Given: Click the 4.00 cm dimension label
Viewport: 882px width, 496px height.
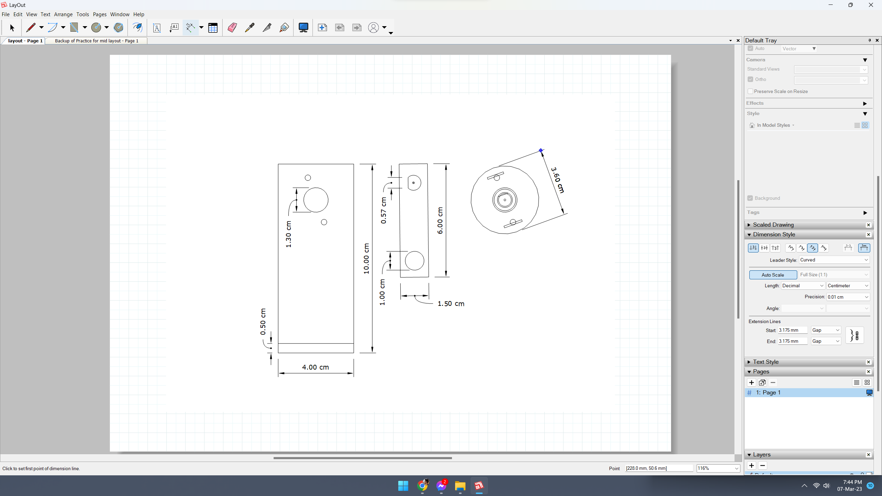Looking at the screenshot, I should coord(315,367).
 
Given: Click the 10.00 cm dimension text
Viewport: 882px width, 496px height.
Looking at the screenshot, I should coord(366,259).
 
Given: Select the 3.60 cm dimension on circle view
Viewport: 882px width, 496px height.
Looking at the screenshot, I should coord(557,180).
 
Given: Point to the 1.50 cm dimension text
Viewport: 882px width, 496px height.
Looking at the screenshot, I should coord(451,304).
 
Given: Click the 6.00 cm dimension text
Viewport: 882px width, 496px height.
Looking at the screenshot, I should coord(440,221).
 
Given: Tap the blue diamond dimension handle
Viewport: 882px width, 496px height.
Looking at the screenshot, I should coord(541,150).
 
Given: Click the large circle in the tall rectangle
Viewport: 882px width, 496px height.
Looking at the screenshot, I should coord(316,200).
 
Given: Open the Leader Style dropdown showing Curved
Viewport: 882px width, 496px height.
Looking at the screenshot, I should coord(834,260).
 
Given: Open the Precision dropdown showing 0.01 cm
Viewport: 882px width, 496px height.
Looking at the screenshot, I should coord(848,297).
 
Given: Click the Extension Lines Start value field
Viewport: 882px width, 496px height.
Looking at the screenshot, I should coord(792,330).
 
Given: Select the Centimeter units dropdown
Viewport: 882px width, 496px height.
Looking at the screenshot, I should coord(848,286).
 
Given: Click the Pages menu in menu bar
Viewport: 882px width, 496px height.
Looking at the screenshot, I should coord(100,14).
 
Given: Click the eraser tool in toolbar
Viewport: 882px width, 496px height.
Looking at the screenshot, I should coord(232,28).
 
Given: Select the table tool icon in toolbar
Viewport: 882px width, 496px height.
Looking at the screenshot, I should coord(213,28).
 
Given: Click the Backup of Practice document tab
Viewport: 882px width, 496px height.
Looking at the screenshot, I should coord(96,41).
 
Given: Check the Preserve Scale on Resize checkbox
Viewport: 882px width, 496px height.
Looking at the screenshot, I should coord(750,91).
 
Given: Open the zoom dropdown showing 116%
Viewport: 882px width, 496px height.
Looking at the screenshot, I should coord(736,468).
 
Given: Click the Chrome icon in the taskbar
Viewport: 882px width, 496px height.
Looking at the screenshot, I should coord(422,486).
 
